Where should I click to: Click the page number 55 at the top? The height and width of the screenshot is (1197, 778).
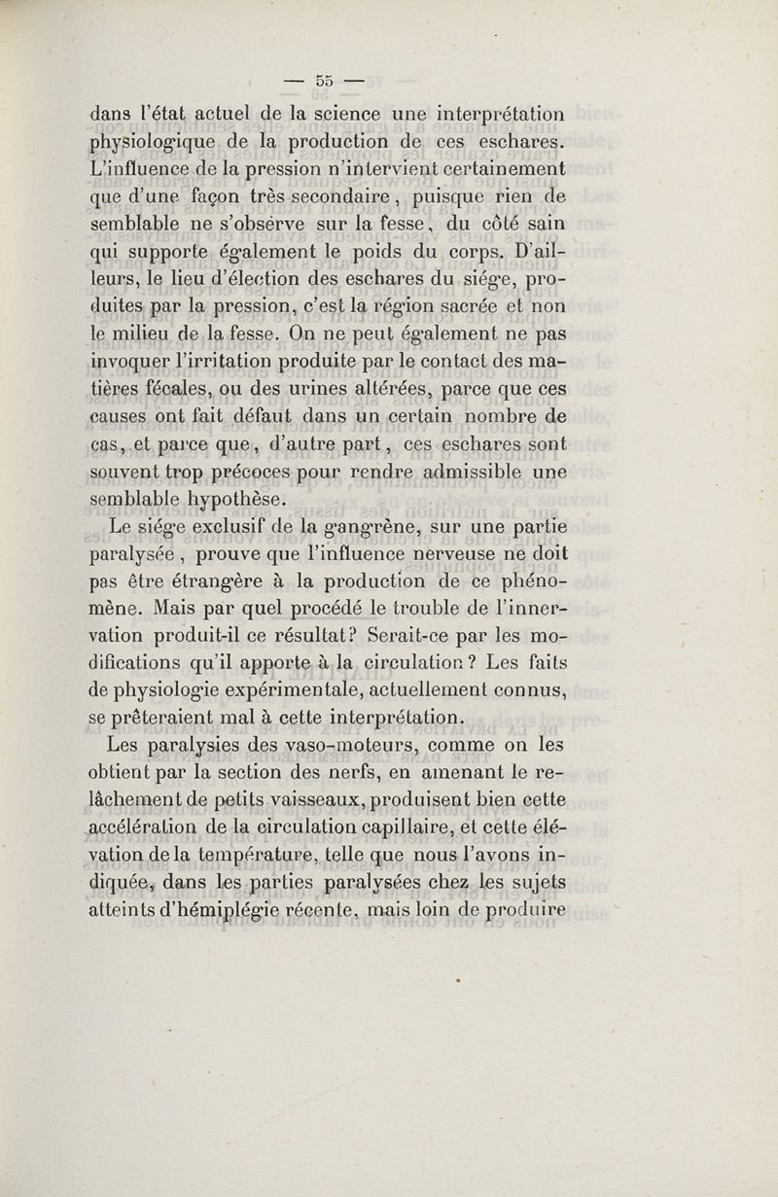324,81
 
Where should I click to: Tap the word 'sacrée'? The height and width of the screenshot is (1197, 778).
471,307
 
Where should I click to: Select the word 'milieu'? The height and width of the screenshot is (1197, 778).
142,335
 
